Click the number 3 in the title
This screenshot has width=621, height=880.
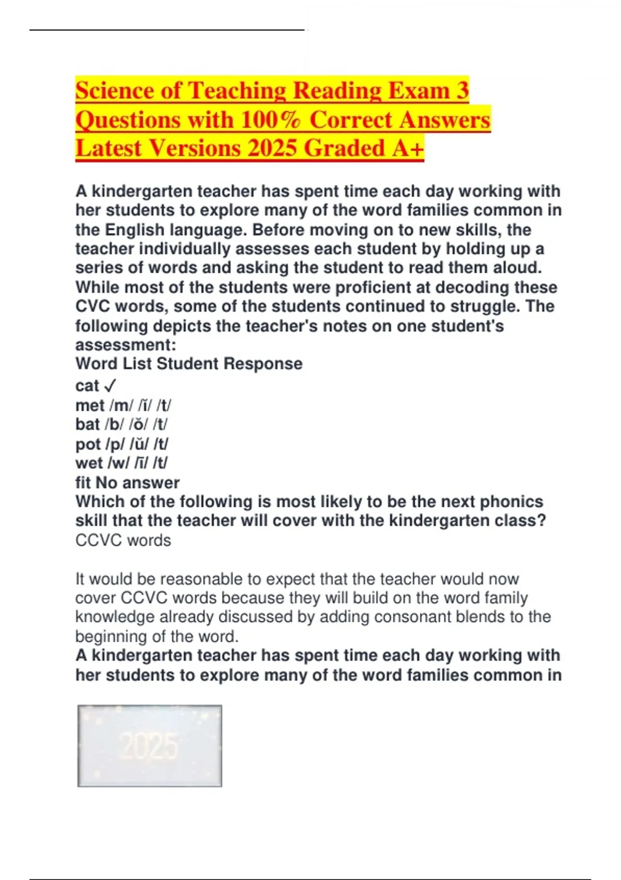[x=462, y=91]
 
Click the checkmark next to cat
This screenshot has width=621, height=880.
[x=110, y=386]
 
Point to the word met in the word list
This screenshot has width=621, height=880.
[x=90, y=405]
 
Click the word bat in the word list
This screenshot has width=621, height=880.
[x=87, y=424]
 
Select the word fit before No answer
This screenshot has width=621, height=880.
[x=83, y=482]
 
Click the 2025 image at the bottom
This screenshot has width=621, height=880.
[x=150, y=746]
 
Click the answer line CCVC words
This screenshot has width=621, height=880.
[x=123, y=540]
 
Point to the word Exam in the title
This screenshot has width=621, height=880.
[x=419, y=91]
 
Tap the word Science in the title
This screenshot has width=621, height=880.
[x=114, y=91]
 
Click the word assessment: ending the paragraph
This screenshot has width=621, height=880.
[x=126, y=345]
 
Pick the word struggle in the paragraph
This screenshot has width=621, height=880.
[x=484, y=306]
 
